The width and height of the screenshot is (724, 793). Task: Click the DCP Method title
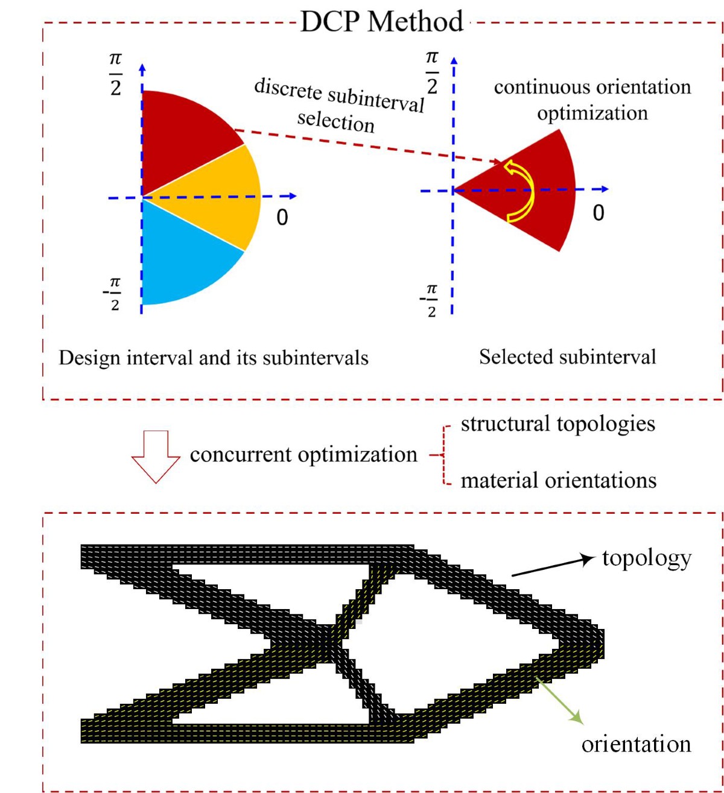tap(382, 22)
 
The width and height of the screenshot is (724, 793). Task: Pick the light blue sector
tap(181, 259)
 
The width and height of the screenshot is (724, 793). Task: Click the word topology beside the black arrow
tap(646, 558)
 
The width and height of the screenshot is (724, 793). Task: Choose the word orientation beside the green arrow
tap(636, 744)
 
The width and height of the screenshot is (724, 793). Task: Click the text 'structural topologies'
tap(557, 424)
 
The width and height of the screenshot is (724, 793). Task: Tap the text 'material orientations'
tap(558, 481)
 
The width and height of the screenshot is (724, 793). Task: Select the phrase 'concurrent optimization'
tap(303, 455)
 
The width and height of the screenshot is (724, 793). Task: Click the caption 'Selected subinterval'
tap(567, 357)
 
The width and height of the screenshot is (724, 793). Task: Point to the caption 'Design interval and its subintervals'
tap(213, 358)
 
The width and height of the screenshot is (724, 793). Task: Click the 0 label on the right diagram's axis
tap(598, 213)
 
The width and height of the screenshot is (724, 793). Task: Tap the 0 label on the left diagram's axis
tap(282, 217)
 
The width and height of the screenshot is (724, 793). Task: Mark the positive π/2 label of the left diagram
tap(115, 74)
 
